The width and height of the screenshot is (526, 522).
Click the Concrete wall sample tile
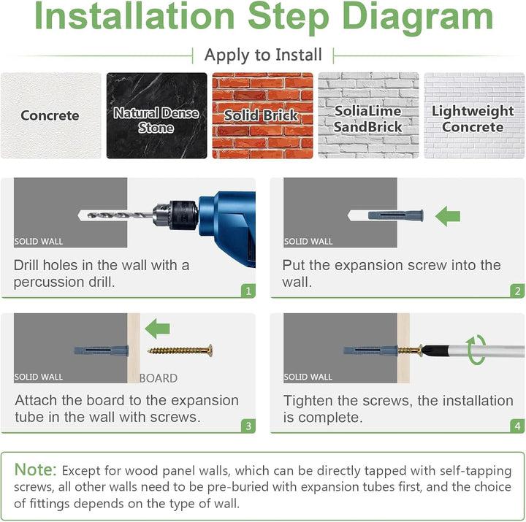pos(51,115)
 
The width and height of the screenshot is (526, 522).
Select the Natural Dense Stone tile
pos(156,115)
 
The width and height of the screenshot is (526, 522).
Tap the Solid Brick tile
pos(262,115)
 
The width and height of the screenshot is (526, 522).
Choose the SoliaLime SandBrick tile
pos(368,115)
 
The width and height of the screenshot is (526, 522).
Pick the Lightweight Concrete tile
pos(474,115)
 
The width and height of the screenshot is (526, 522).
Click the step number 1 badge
pos(248,291)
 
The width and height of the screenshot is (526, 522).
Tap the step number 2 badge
pos(518,291)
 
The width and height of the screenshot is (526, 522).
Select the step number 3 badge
pos(248,426)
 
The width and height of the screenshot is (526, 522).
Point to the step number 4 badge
pos(518,426)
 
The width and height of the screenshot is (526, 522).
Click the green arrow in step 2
pos(448,216)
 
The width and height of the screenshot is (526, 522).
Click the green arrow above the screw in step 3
pos(157,329)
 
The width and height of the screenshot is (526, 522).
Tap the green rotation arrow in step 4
pos(476,350)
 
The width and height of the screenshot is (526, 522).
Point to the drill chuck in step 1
pos(175,215)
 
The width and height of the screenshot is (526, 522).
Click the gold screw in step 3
pos(180,350)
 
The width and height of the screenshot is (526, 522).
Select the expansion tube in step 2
pos(395,215)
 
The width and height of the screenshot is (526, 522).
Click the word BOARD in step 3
pos(159,378)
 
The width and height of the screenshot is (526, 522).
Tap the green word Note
pos(36,469)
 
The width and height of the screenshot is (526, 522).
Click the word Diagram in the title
pos(417,17)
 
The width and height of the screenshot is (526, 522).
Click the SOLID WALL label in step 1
pos(39,242)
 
